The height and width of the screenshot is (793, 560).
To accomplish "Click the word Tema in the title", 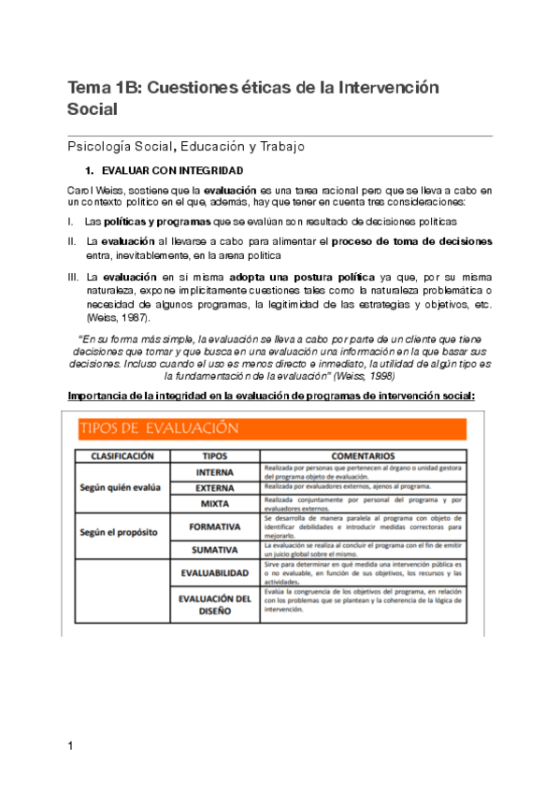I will (x=87, y=88).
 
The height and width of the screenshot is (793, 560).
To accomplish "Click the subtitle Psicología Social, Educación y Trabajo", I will (x=186, y=147).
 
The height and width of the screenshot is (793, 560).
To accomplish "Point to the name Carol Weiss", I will (x=93, y=191).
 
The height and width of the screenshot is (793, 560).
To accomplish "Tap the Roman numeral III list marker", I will (x=74, y=278).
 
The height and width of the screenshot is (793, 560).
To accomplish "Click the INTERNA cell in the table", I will (x=214, y=472).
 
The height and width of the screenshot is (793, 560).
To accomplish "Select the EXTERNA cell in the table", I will (x=214, y=488).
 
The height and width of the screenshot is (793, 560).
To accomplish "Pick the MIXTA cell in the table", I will (x=214, y=504).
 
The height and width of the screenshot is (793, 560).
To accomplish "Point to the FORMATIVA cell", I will (x=214, y=526).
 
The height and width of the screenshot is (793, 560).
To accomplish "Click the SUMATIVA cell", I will (x=214, y=549).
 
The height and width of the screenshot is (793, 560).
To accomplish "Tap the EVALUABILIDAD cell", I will (x=214, y=571).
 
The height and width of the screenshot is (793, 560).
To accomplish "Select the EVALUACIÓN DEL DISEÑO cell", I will (x=214, y=604).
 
